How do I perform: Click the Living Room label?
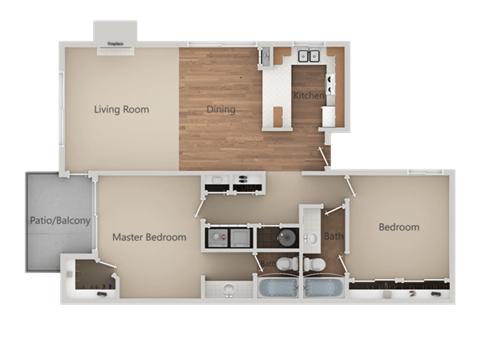tap(121, 109)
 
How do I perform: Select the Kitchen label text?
tap(307, 96)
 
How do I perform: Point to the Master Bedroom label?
tap(149, 237)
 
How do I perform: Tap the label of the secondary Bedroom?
tap(398, 227)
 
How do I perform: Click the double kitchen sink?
tap(307, 58)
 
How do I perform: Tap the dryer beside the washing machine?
tap(241, 238)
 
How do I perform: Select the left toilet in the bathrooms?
tap(283, 264)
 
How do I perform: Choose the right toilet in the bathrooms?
tap(314, 264)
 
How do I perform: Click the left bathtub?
tap(275, 289)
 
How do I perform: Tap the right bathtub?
tap(322, 289)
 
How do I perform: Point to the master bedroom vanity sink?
tap(229, 289)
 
